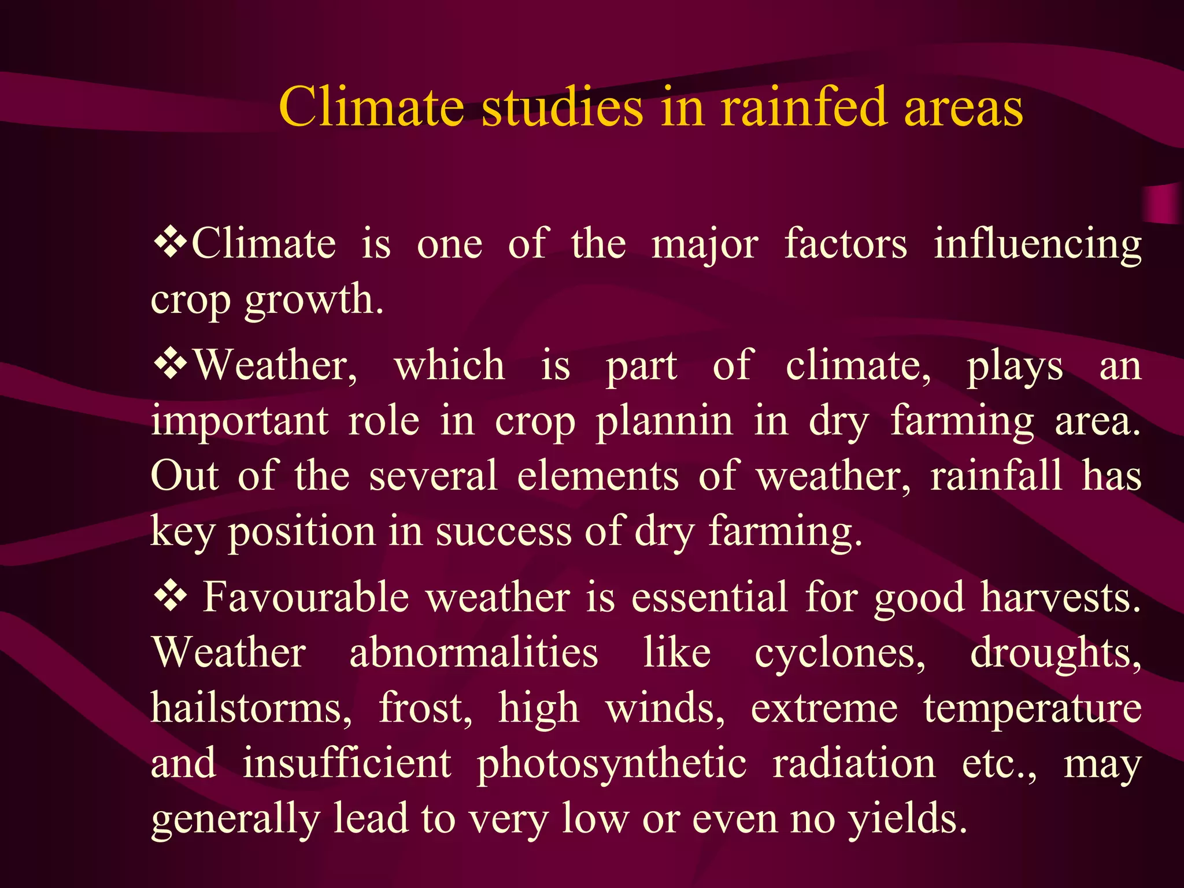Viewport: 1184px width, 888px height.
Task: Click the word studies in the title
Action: point(562,107)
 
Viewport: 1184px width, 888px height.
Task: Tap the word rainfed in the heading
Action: point(804,107)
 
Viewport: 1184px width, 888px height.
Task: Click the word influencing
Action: point(1038,245)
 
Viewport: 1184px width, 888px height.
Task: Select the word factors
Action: point(845,244)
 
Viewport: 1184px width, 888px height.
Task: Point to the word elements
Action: point(598,476)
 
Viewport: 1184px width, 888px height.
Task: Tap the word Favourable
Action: point(306,597)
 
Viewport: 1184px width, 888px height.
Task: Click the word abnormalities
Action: point(473,653)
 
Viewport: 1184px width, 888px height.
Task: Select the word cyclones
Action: point(840,654)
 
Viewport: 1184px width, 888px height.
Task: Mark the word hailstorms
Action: point(251,708)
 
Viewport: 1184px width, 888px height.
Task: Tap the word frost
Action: point(425,708)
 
